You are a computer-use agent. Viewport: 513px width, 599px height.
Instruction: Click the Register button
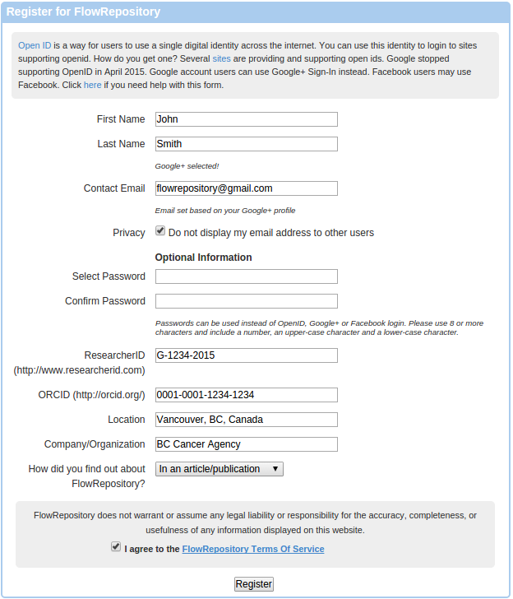click(x=253, y=584)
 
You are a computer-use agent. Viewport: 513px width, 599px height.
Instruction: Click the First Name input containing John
click(x=247, y=119)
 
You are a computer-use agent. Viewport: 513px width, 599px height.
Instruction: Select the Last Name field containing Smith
click(x=247, y=144)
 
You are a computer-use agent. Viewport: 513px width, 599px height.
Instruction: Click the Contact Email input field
click(x=247, y=188)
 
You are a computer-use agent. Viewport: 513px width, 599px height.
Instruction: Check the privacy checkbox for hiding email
click(x=160, y=232)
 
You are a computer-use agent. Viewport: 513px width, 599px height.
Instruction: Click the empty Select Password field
click(x=247, y=276)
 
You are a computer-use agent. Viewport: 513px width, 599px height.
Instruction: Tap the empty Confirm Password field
click(x=247, y=301)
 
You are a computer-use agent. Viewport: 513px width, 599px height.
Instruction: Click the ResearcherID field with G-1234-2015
click(x=247, y=355)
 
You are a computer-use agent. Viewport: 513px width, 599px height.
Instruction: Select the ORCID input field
click(x=247, y=395)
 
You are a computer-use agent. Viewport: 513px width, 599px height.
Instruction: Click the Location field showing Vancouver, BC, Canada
click(x=247, y=420)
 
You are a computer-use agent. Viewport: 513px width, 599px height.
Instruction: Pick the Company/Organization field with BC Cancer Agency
click(x=247, y=444)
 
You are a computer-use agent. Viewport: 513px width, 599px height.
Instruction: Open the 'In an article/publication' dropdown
click(x=220, y=469)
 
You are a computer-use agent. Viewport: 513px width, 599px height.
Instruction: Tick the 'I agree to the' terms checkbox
click(x=116, y=547)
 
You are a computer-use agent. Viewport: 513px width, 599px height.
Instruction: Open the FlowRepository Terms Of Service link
click(x=252, y=549)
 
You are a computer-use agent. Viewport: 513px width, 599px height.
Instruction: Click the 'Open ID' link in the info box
click(x=35, y=45)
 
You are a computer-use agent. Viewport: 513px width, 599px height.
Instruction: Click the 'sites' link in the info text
click(x=221, y=59)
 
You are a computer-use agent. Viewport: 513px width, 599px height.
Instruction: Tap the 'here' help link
click(x=92, y=85)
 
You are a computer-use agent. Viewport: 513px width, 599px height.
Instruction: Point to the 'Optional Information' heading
click(x=203, y=258)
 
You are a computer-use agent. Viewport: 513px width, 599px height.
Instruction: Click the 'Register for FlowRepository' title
click(x=83, y=12)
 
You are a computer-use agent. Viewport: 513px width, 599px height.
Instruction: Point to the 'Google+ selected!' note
click(x=187, y=166)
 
